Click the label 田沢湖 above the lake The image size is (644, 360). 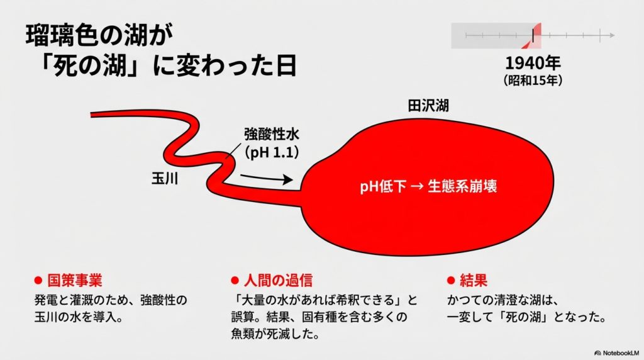(428, 105)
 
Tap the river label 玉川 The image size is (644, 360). (165, 178)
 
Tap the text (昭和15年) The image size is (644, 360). (533, 81)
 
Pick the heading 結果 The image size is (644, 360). (474, 280)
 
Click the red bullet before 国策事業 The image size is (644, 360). (37, 280)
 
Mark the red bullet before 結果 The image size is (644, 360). (450, 280)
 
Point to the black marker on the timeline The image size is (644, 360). (533, 35)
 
